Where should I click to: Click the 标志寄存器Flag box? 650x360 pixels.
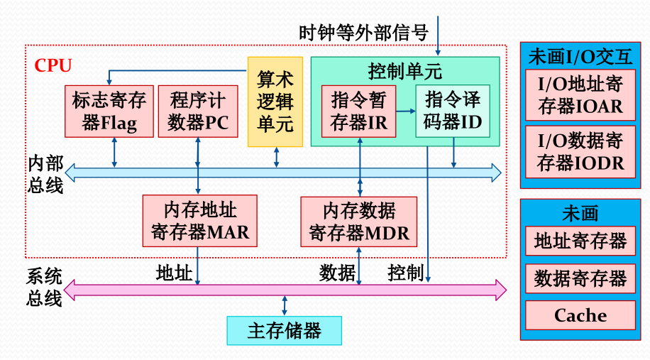pos(109,111)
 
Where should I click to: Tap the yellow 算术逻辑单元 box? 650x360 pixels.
pos(275,102)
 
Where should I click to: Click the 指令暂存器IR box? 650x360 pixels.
pos(359,111)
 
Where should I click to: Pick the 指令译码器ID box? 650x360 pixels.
pos(453,111)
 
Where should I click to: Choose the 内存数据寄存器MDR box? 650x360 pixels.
pos(359,221)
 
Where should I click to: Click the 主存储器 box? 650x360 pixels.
pos(284,330)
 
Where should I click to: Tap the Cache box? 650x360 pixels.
pos(580,315)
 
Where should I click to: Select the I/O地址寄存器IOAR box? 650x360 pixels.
pos(580,95)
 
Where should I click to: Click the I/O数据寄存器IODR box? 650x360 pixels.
pos(580,152)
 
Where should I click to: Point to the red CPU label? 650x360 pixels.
pos(53,66)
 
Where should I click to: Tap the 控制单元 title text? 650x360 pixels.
pos(405,71)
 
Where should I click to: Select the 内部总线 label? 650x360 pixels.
pos(45,174)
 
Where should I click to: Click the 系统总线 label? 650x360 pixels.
pos(44,287)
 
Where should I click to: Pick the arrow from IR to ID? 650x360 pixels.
pos(406,111)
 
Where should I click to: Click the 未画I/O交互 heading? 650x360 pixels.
pos(580,56)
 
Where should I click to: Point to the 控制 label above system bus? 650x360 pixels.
pos(406,272)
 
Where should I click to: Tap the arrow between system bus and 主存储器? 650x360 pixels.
pos(285,307)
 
